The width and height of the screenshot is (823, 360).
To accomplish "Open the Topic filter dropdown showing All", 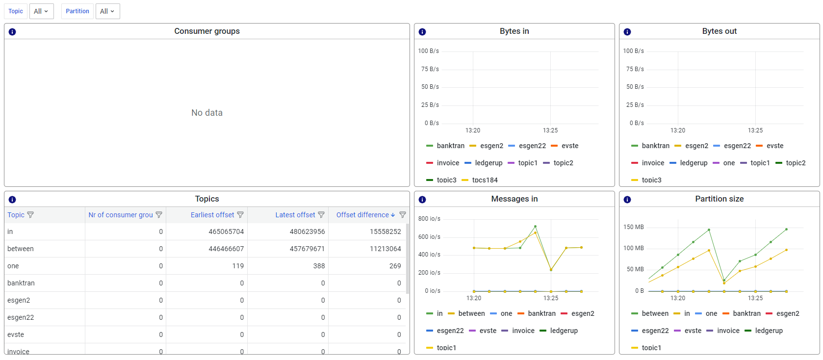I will coord(41,11).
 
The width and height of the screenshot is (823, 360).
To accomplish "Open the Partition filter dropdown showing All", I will coord(107,11).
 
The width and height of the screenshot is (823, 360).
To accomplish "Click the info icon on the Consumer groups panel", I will coord(12,32).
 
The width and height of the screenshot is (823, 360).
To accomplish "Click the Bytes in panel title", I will coord(514,31).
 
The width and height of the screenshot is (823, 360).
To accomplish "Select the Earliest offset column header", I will coord(212,215).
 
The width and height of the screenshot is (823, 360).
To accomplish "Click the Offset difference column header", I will coord(362,215).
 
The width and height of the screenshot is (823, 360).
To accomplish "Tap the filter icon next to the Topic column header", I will coord(30,215).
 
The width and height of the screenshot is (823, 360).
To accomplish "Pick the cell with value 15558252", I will coord(385,231).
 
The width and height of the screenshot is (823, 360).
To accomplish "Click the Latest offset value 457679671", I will coord(307,249).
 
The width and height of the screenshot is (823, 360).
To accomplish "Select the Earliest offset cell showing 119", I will coord(238,266).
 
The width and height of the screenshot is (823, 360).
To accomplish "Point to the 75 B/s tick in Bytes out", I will coord(635,69).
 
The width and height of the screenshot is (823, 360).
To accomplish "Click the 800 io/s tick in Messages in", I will coord(429,219).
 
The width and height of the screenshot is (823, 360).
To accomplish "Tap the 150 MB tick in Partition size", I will coord(633,227).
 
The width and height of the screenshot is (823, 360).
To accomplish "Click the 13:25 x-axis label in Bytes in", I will coord(550,130).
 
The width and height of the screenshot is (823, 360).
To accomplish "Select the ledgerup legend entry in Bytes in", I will coord(489,163).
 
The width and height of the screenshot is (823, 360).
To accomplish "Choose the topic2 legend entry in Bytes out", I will coord(796,163).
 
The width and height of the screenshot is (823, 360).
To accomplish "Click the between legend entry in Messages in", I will coord(471,313).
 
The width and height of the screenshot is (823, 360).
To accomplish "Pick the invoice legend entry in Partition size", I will coord(728,331).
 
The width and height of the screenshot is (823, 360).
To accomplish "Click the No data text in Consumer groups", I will coord(207,113).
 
